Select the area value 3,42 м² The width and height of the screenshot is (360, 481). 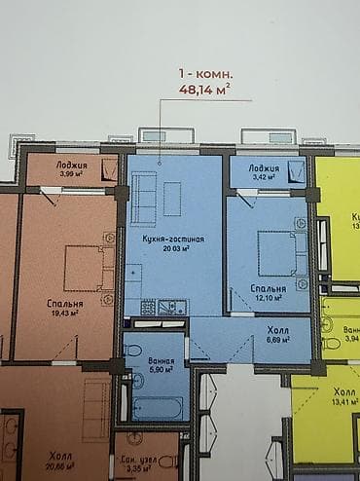pyautogui.click(x=265, y=179)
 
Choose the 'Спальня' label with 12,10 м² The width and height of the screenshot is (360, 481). pyautogui.click(x=268, y=289)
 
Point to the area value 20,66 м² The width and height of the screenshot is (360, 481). pyautogui.click(x=63, y=467)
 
